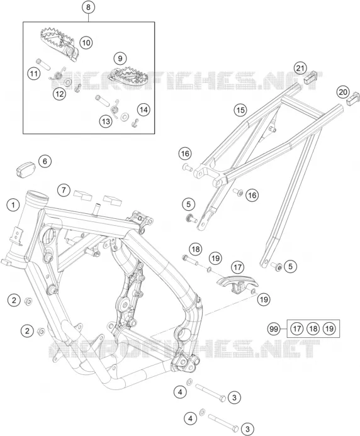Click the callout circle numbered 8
(89, 7)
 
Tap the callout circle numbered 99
(274, 329)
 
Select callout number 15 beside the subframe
(240, 110)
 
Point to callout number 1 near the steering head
(13, 206)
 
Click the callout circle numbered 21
(300, 68)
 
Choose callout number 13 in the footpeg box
(106, 121)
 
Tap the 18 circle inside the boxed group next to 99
(313, 329)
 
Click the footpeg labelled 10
(59, 44)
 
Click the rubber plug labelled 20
(353, 98)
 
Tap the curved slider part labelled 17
(237, 284)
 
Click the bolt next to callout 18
(190, 260)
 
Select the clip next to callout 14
(135, 122)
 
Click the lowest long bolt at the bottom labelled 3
(223, 422)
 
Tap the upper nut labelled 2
(28, 301)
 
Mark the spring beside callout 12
(58, 74)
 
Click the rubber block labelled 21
(310, 77)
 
